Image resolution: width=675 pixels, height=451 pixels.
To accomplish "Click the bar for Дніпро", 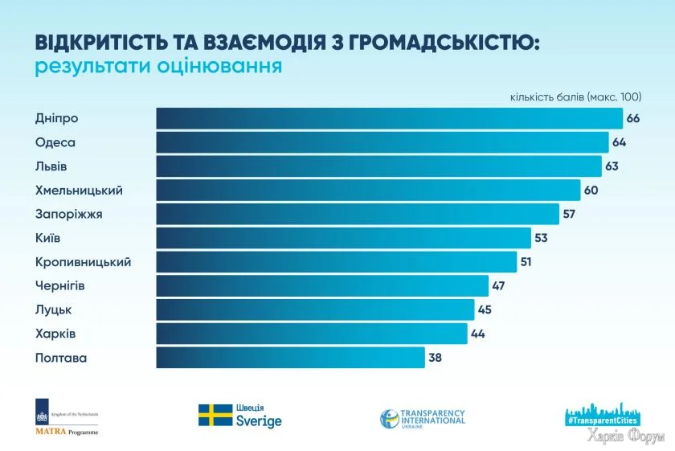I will [389, 119].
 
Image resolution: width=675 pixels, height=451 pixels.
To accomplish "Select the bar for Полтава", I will [290, 358].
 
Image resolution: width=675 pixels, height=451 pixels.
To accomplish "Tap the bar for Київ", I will [343, 238].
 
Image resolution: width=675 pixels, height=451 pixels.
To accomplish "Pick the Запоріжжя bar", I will [357, 215].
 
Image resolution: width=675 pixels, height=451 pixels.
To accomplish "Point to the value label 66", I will [633, 119].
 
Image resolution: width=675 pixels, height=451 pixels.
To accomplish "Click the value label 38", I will [436, 358].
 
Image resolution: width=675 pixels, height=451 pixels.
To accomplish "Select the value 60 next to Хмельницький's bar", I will [591, 191].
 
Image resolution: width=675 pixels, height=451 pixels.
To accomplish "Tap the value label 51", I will [527, 262].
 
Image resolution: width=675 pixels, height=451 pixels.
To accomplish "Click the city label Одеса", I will [55, 142].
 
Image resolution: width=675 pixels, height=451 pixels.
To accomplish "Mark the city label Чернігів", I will [60, 285].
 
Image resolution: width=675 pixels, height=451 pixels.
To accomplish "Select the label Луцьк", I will [54, 310].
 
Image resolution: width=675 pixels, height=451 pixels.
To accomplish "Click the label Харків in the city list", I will [55, 334].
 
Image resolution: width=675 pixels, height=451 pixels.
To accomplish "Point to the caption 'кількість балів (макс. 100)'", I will [575, 96].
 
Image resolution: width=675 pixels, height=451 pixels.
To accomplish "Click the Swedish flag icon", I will [215, 415].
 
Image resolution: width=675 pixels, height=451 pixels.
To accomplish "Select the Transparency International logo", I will [423, 418].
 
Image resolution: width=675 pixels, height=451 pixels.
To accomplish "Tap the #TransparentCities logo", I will [603, 412].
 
